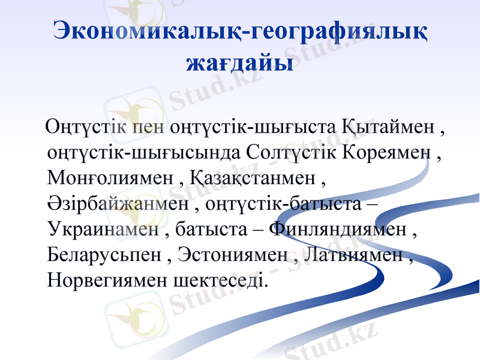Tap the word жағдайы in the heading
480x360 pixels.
(240, 62)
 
